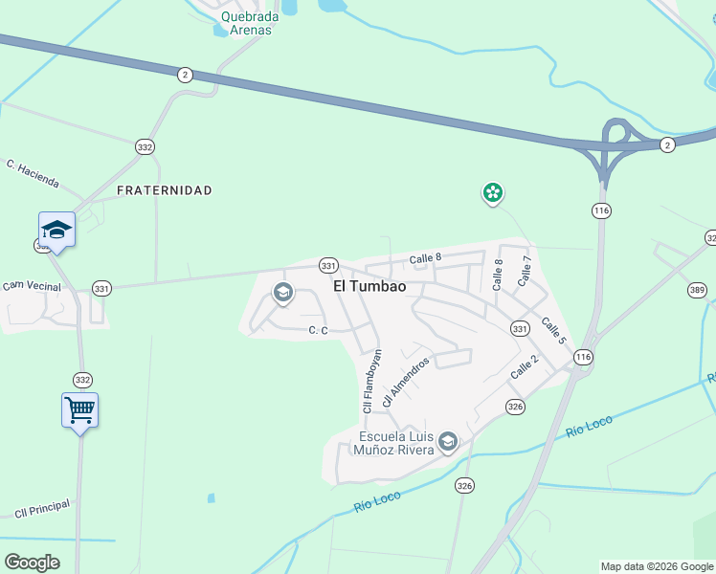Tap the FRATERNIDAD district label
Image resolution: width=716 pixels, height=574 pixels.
[x=164, y=190]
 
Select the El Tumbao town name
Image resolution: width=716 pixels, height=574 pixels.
[x=369, y=286]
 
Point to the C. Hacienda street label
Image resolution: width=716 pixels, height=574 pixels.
[x=33, y=173]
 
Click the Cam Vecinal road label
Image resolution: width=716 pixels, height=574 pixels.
[x=32, y=285]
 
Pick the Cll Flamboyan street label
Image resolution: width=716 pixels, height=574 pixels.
[x=371, y=381]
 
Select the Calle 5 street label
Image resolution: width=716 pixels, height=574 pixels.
[x=553, y=330]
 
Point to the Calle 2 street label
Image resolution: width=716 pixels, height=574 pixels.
[x=525, y=365]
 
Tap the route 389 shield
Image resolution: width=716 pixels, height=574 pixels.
[x=697, y=289]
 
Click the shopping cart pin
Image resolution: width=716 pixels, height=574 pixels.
[x=80, y=410]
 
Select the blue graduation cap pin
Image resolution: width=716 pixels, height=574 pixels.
[x=56, y=230]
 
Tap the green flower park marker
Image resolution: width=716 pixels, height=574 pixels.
[x=493, y=193]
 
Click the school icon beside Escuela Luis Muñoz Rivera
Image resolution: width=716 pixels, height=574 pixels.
[x=448, y=443]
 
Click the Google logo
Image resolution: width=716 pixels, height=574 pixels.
[x=33, y=562]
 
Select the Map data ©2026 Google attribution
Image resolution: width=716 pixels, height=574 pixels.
[x=657, y=566]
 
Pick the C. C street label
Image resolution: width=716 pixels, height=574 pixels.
[x=319, y=331]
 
